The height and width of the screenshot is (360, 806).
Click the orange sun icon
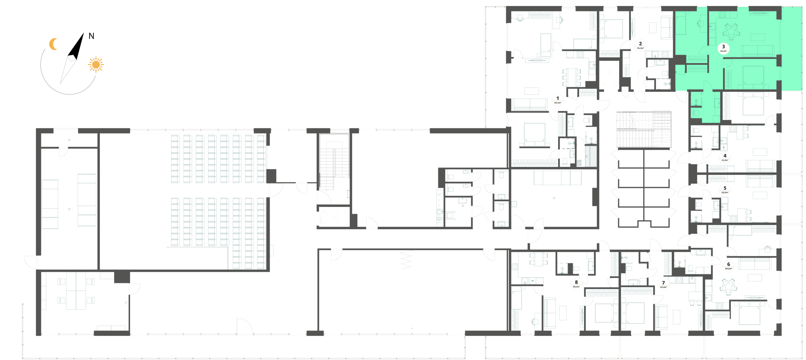tap(96, 65)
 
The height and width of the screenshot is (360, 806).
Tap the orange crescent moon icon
tap(54, 44)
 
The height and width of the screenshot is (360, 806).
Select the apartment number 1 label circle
tap(558, 100)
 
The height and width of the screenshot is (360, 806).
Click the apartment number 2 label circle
tap(640, 45)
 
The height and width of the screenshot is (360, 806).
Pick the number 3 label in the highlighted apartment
tap(724, 48)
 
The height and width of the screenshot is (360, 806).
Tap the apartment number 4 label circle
tap(725, 157)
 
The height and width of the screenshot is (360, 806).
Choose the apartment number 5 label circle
tap(725, 190)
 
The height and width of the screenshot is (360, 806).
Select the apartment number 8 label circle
tap(576, 284)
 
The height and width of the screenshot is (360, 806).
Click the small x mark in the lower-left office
tap(126, 303)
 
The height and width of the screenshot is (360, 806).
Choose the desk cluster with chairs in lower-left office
tap(76, 291)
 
